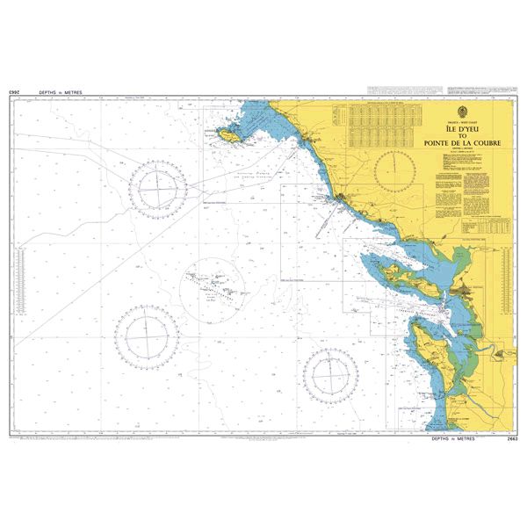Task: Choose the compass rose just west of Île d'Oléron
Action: (329, 375)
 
